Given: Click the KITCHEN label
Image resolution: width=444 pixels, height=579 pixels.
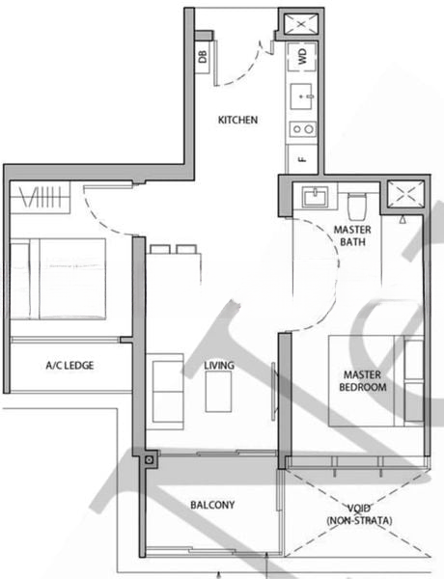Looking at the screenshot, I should click(237, 121).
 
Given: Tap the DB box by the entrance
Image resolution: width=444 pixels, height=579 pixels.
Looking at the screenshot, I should click(203, 57).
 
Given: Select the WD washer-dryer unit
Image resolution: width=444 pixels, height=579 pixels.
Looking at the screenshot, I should click(302, 57).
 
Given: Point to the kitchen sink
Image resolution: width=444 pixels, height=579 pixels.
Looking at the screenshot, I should click(302, 96).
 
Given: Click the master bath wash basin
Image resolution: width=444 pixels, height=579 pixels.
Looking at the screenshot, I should click(315, 197).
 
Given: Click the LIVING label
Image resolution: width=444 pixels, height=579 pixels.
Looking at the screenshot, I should click(220, 365).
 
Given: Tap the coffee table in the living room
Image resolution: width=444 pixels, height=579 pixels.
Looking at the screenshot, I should click(219, 392).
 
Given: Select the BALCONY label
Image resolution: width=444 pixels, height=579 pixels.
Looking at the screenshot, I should click(213, 505).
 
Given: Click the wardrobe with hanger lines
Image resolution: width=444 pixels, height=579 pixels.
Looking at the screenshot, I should click(41, 201).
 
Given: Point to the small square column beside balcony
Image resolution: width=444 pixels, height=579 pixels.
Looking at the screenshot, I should click(150, 461).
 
